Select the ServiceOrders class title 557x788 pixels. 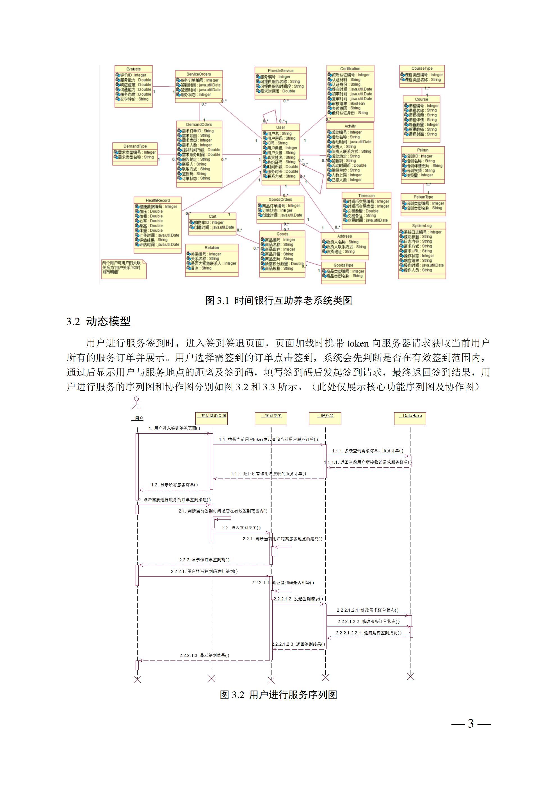[199, 74]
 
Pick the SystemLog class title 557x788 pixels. [422, 226]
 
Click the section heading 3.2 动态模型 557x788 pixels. [99, 322]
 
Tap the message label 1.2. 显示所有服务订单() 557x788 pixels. [175, 485]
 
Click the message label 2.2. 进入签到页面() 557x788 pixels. [241, 527]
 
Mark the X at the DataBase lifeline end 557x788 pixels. [410, 677]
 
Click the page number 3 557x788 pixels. [471, 724]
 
